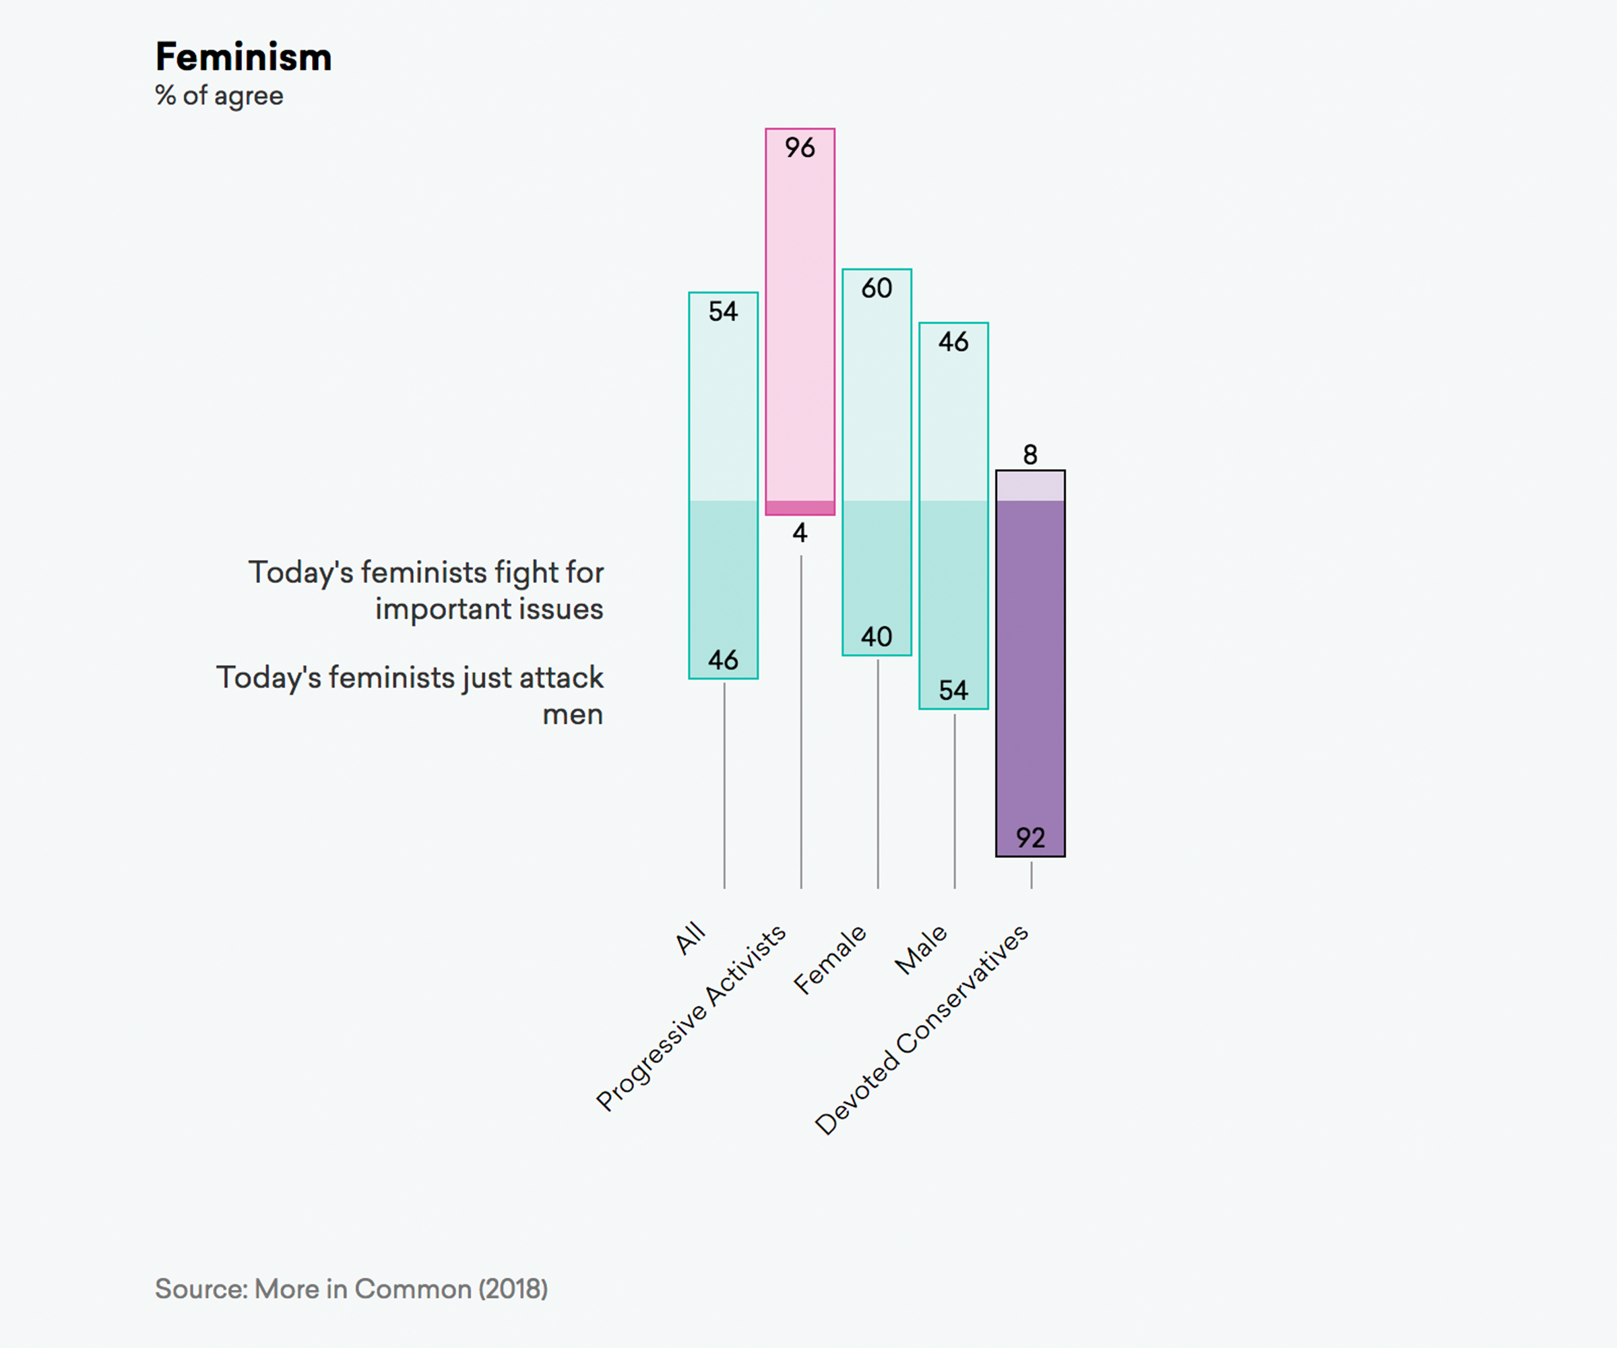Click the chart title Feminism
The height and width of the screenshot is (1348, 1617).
243,57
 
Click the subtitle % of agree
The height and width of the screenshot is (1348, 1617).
220,96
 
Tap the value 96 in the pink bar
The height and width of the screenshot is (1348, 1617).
799,147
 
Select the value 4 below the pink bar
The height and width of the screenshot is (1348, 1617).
800,532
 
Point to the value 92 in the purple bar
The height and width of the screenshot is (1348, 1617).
1030,837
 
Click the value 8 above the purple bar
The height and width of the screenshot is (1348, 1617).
1030,454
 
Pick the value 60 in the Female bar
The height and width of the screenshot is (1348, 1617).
877,288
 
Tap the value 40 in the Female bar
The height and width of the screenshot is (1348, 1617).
877,636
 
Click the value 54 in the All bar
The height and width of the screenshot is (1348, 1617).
723,311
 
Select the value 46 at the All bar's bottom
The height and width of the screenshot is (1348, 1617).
723,659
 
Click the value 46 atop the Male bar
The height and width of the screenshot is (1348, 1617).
953,341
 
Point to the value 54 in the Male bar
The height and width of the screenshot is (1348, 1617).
953,690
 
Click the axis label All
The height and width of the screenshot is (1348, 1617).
691,938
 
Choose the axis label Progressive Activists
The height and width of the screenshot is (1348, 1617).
691,1018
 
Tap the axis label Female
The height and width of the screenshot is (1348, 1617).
830,960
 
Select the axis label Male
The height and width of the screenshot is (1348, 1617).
921,949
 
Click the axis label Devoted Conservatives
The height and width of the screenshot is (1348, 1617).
922,1030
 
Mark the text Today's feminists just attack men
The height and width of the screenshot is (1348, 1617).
410,696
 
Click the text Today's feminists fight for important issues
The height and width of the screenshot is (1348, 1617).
426,590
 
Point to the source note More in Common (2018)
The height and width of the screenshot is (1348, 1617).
351,1289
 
